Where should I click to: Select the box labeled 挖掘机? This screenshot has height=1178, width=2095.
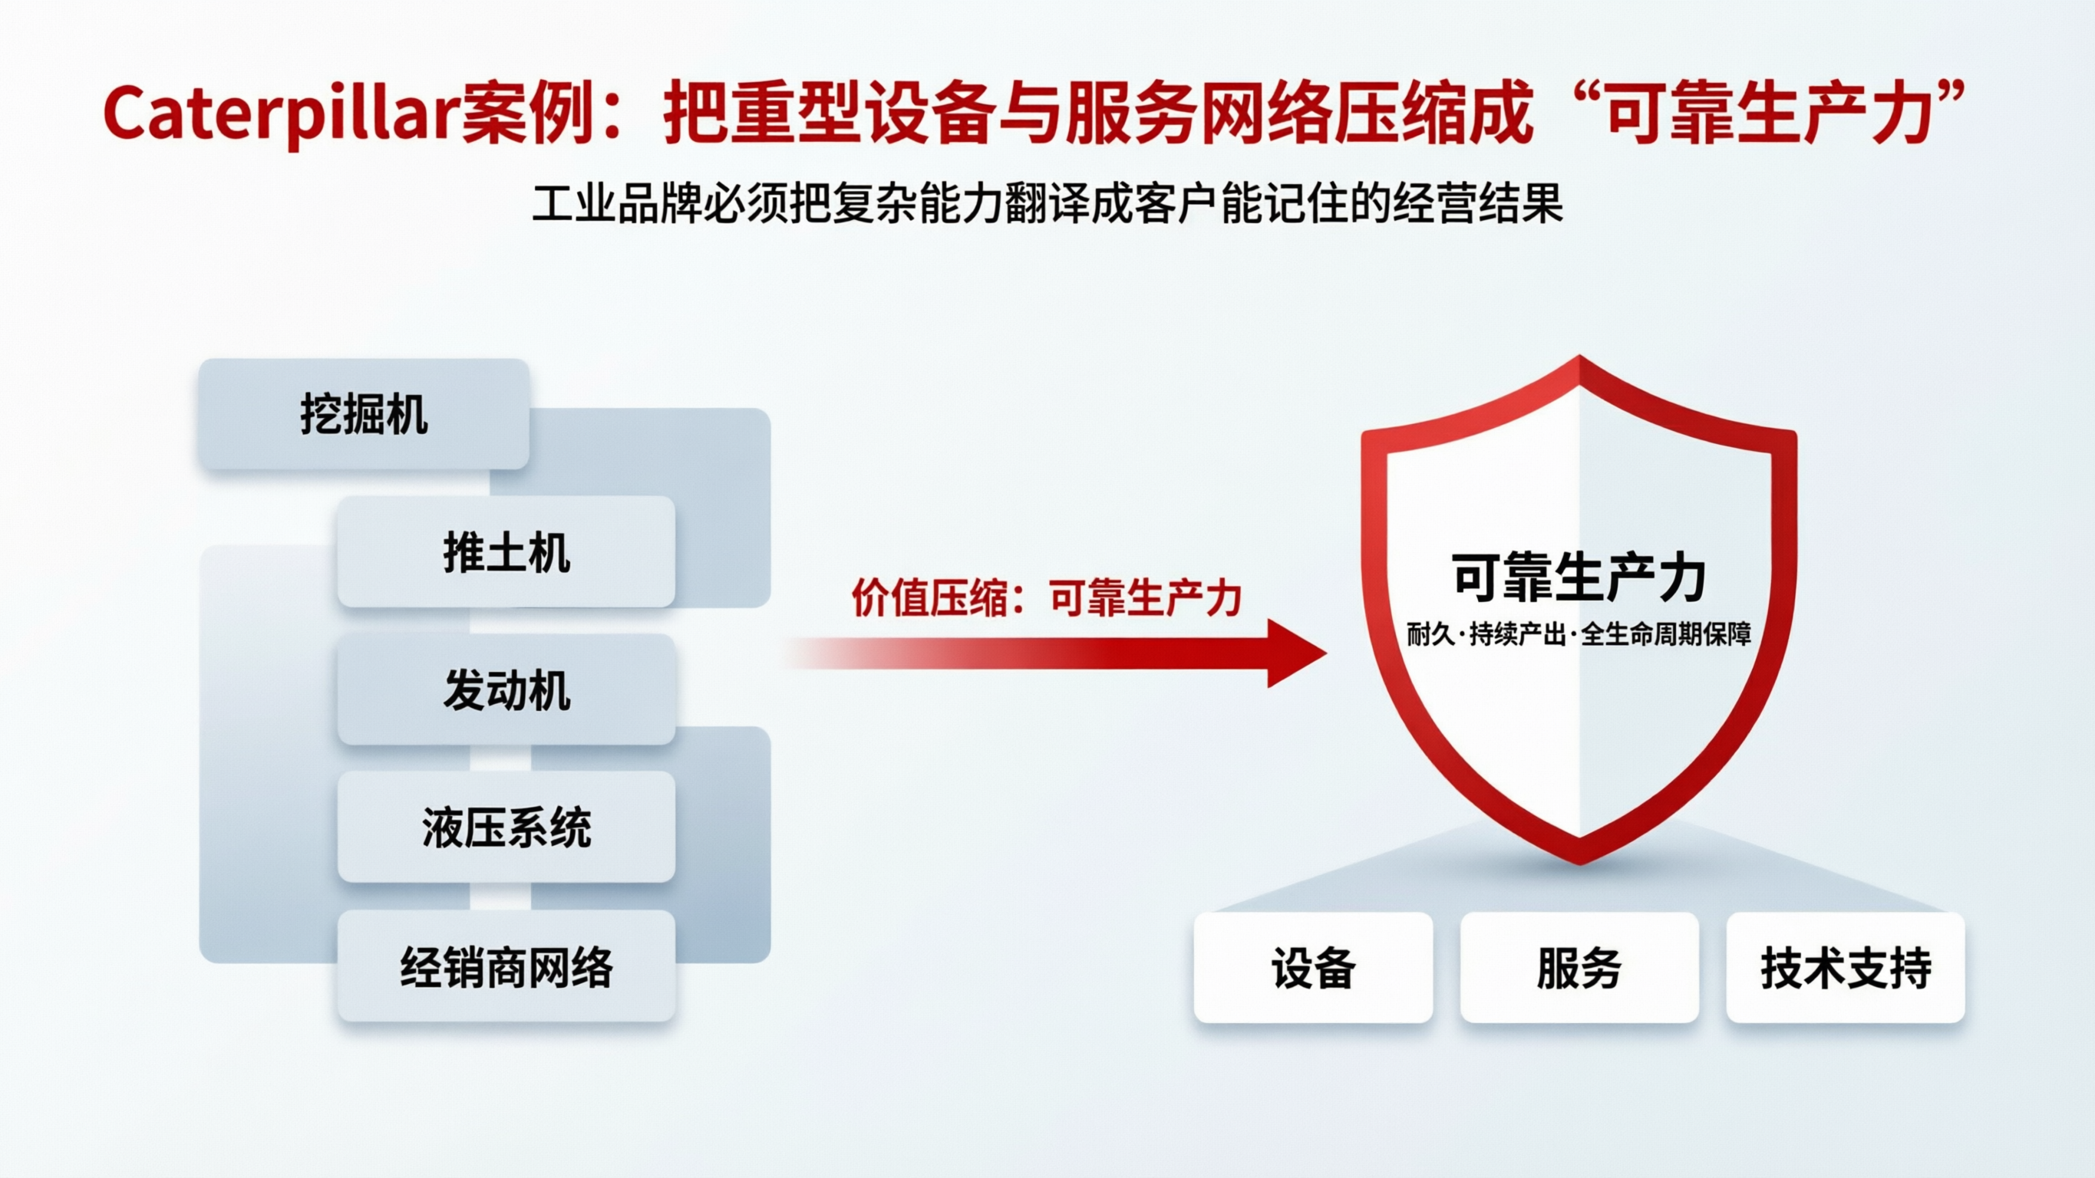click(364, 415)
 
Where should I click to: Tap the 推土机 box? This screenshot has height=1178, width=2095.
click(506, 552)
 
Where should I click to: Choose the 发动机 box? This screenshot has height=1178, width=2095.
click(506, 690)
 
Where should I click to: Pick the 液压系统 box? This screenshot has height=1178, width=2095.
click(506, 828)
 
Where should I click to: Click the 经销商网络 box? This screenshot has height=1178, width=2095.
click(506, 966)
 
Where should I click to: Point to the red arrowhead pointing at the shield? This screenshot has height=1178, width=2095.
click(1296, 653)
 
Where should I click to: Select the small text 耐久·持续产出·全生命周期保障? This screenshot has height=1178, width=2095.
click(1579, 634)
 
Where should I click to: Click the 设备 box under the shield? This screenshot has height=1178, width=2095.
click(1312, 967)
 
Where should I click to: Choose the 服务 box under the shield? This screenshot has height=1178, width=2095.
click(1579, 967)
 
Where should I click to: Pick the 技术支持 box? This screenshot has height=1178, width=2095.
click(1846, 967)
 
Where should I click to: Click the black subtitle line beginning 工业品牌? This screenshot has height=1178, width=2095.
click(1047, 203)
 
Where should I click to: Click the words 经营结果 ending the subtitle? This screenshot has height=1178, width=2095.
click(1477, 203)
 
